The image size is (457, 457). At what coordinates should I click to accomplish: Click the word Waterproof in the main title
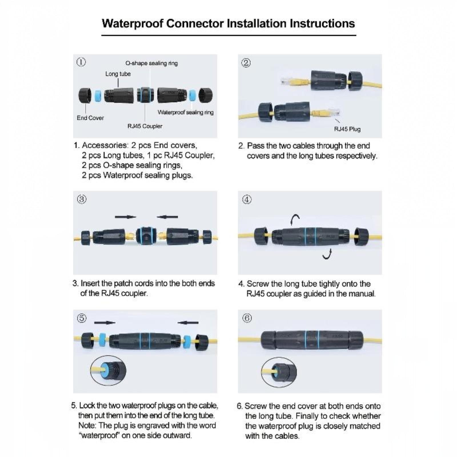coord(133,23)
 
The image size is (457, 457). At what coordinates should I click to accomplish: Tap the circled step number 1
coord(81,62)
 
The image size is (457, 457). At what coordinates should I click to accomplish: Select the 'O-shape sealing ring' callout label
coord(152,63)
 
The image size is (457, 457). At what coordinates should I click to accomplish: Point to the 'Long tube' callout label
coord(118,74)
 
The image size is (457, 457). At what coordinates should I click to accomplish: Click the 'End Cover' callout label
coord(90,118)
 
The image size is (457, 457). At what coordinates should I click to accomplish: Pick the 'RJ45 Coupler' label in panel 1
coord(145,126)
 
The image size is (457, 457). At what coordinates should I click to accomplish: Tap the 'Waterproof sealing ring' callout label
coord(186,112)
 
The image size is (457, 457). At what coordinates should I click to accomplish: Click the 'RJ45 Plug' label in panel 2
coord(347,129)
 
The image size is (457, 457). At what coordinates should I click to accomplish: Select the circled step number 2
coord(246,63)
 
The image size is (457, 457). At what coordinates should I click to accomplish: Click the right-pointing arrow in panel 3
coord(125,217)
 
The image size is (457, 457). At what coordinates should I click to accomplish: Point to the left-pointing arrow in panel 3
coord(167,217)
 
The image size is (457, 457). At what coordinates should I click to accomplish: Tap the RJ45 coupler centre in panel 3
coord(145,236)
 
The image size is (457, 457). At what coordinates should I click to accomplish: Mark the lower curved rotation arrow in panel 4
coord(328,254)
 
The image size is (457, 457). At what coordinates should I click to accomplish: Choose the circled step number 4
coord(247,199)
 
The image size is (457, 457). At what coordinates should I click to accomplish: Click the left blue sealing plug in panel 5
coord(102,340)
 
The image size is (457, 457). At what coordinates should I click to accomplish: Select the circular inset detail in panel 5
coord(108,370)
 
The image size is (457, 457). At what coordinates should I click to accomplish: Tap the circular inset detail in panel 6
coord(279,372)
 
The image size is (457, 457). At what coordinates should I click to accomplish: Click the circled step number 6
coord(247,318)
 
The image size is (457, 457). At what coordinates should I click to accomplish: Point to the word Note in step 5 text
coord(87,425)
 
